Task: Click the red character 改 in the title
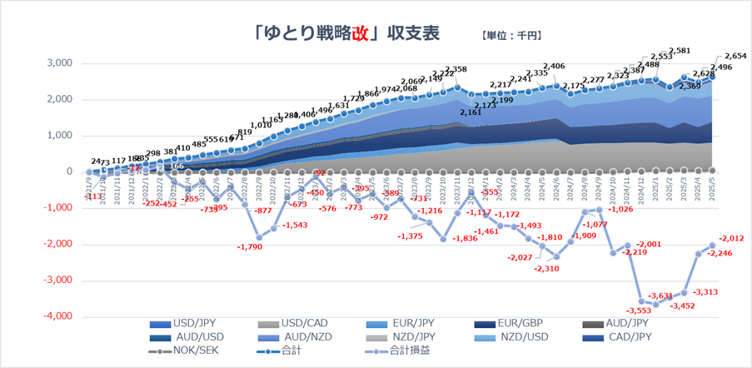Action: [359, 33]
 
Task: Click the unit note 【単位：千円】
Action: [511, 36]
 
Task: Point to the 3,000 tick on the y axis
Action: [58, 63]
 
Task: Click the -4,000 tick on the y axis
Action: [57, 316]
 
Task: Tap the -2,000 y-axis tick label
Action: [57, 244]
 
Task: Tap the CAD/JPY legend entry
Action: [632, 338]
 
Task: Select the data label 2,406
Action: [554, 67]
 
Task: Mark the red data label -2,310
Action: [546, 269]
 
